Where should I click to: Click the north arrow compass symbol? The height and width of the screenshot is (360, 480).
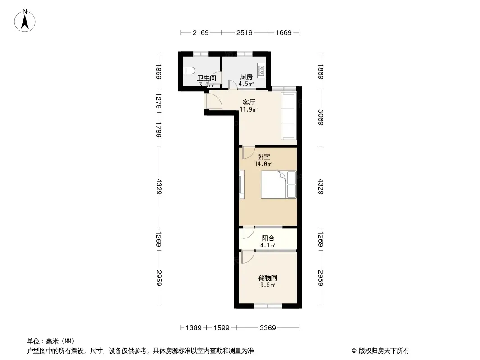coord(25,21)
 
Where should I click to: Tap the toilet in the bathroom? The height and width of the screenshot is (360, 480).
coord(189,71)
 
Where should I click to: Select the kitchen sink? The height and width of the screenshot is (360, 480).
coord(262,70)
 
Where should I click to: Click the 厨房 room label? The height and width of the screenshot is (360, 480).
coord(246,77)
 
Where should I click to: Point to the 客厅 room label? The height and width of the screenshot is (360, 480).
coord(249,102)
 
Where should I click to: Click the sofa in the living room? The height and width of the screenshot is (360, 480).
coord(289,116)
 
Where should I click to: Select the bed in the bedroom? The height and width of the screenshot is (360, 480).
coord(279,185)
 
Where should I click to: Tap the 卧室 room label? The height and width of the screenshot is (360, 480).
coord(263,157)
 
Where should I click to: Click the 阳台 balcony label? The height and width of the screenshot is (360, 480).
coord(268,238)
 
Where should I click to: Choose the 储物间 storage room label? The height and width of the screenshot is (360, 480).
coord(268,278)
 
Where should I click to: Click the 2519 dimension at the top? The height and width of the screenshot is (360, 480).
coord(245,32)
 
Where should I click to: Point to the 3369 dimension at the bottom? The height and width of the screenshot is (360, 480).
coord(268,328)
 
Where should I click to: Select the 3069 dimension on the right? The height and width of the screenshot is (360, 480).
coord(321,117)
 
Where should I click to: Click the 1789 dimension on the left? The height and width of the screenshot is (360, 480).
coord(159,130)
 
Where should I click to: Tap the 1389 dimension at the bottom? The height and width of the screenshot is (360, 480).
coord(194,328)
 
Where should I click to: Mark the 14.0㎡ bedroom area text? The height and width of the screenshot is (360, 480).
coord(263,164)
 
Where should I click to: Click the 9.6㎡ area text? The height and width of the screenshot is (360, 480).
coord(268,285)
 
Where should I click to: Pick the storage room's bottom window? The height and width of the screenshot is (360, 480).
coord(268,306)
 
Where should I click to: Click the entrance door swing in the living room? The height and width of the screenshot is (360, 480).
coord(214,100)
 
